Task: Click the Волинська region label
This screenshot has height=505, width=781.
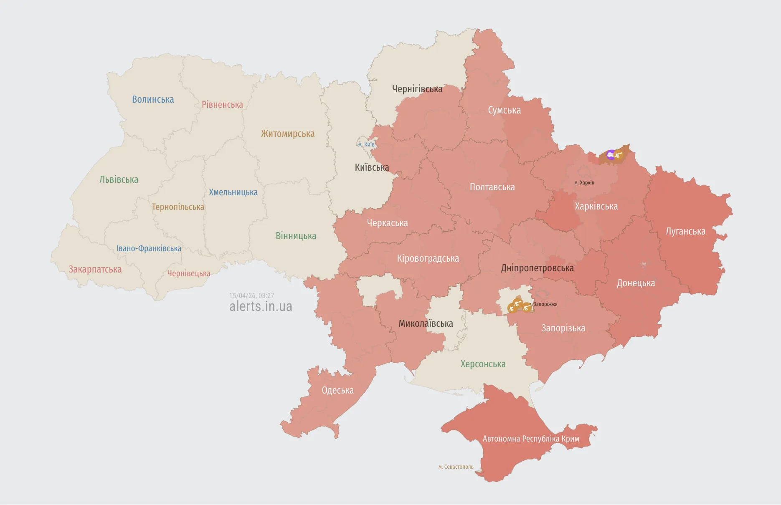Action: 153,99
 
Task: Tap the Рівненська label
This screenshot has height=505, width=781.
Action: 222,104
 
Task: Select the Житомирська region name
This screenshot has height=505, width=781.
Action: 288,134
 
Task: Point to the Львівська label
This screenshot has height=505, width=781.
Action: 119,179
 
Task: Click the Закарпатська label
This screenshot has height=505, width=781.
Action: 95,269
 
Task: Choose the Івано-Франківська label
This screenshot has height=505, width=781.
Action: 149,248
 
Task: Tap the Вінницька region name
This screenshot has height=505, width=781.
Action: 296,236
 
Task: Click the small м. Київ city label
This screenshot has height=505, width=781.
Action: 366,145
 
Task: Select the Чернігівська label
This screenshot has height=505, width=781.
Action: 417,89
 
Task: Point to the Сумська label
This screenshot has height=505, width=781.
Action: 504,110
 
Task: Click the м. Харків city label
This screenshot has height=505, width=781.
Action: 584,183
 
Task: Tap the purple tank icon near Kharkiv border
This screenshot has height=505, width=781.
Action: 611,155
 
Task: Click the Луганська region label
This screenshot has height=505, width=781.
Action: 685,231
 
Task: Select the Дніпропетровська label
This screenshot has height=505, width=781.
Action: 537,268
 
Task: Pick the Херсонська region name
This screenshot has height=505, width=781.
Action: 483,364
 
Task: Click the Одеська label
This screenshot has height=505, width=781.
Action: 337,390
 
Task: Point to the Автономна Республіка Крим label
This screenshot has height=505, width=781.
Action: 531,439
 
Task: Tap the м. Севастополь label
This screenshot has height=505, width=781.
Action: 456,467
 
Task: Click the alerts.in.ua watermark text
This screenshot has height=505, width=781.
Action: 261,306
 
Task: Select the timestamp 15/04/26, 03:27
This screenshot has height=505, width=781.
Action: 251,295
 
